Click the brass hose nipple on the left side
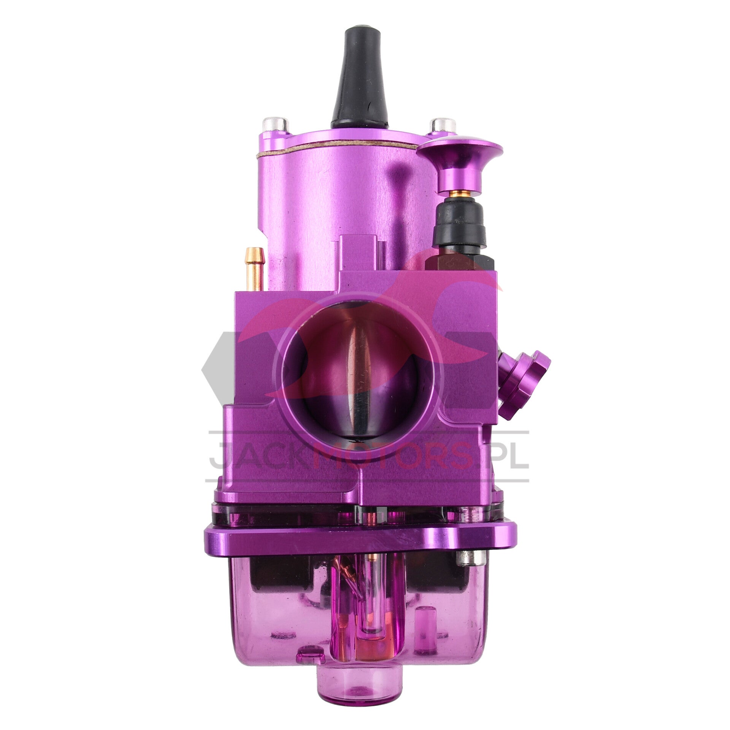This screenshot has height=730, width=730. point(254,268)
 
